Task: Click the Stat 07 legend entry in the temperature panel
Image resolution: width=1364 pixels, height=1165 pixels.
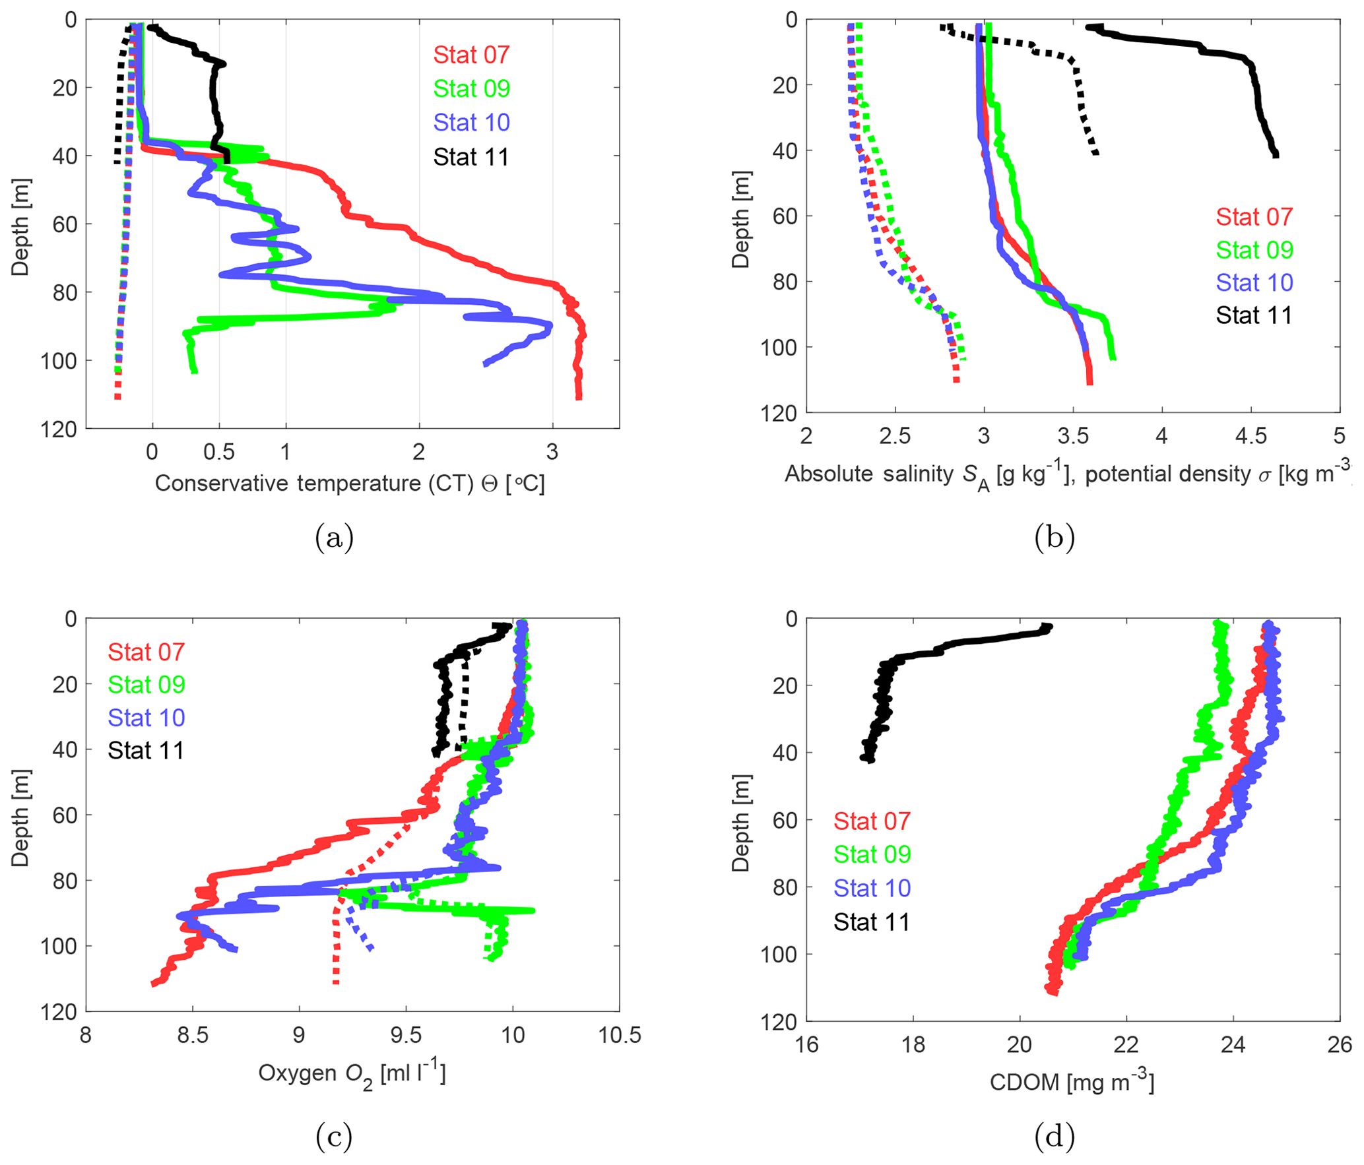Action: (471, 55)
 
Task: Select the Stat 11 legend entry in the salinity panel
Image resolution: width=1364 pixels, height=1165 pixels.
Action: (1254, 315)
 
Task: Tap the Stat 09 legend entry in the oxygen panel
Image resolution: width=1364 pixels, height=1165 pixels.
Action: (146, 685)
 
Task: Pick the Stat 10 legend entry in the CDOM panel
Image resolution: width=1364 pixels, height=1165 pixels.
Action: (872, 888)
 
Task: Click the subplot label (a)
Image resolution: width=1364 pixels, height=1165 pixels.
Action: (335, 538)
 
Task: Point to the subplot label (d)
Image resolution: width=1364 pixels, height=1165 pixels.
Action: (1055, 1136)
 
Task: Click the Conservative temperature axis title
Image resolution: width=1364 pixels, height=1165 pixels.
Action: (350, 484)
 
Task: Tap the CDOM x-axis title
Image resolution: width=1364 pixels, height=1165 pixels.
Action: (1072, 1083)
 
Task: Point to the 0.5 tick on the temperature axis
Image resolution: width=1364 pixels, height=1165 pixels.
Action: (219, 452)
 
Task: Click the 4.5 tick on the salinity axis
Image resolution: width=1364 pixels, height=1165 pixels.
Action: (1250, 436)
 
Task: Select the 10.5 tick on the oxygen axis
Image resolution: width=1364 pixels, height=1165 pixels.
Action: (619, 1035)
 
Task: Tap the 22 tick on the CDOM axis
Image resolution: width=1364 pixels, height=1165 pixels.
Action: (1126, 1044)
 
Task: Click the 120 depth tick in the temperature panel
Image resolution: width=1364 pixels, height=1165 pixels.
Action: (59, 429)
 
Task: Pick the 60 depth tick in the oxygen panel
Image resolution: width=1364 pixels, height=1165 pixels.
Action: (65, 815)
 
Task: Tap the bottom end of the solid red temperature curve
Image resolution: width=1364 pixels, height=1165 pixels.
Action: (579, 396)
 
